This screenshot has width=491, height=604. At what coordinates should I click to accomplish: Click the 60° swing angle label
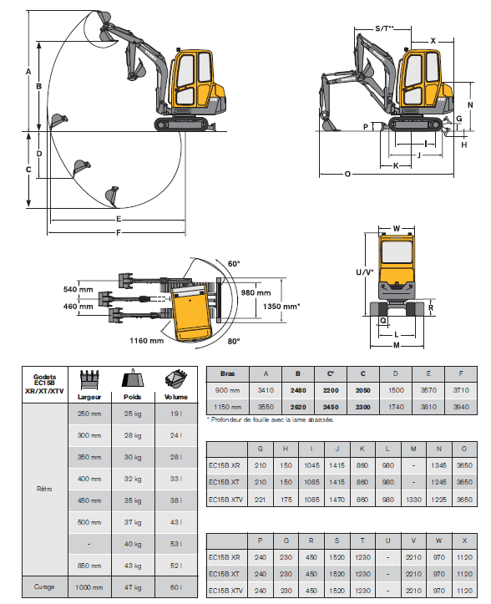tap(234, 264)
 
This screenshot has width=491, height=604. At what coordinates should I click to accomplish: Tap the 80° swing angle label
tap(233, 342)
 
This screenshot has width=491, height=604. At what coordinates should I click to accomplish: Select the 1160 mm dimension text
tap(146, 341)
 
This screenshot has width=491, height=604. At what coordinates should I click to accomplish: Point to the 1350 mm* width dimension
tap(281, 307)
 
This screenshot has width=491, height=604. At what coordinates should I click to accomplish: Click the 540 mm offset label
tap(78, 289)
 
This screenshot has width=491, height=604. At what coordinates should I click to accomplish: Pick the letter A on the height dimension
tap(28, 71)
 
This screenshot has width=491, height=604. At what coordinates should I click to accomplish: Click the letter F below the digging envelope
tap(119, 233)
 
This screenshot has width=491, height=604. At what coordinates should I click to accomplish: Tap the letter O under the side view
tap(347, 174)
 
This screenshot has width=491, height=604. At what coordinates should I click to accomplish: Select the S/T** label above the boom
tap(385, 28)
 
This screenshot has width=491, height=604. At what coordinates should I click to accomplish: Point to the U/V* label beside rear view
tap(364, 272)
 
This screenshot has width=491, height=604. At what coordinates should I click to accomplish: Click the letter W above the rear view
tap(397, 228)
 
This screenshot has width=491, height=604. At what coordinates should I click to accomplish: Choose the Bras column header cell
tap(228, 374)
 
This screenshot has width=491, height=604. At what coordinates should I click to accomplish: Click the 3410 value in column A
tap(266, 390)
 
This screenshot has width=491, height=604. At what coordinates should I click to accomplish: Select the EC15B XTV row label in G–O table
tap(225, 500)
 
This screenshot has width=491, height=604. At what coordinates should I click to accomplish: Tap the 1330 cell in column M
tap(413, 500)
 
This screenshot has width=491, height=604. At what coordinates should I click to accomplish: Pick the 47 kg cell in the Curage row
tap(133, 587)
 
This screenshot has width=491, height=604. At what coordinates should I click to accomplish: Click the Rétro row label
tap(44, 489)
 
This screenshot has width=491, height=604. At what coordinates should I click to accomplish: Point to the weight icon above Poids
tap(133, 378)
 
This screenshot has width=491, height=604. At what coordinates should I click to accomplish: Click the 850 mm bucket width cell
tap(89, 566)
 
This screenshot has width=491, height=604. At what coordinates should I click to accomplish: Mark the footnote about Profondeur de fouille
tap(270, 420)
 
